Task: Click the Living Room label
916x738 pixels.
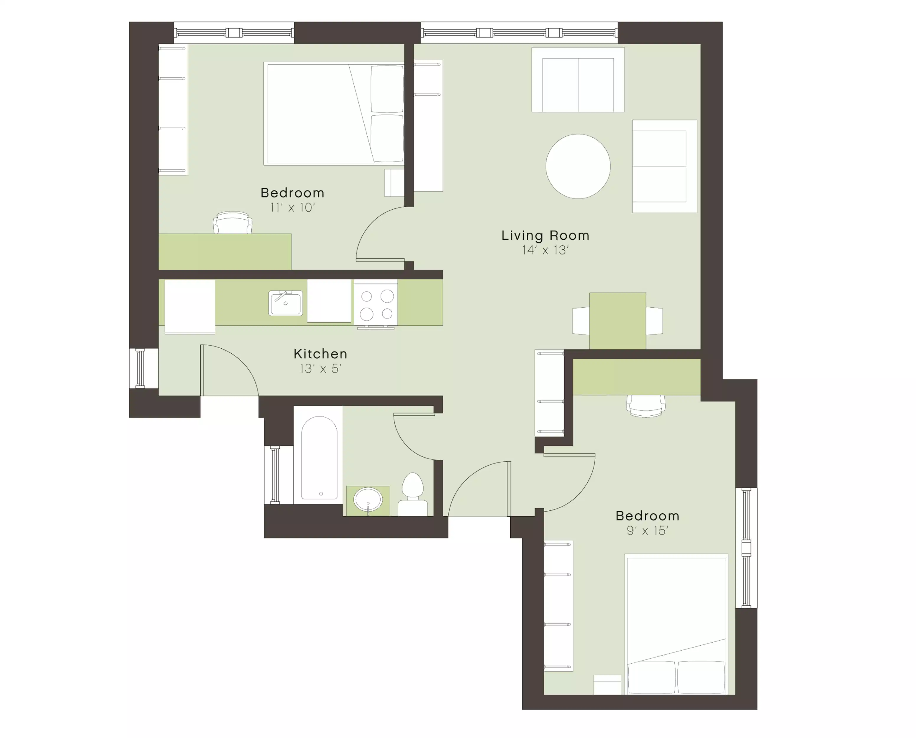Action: [x=545, y=236]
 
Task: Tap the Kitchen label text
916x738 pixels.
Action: [x=320, y=354]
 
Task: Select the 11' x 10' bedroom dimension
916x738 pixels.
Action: [x=292, y=208]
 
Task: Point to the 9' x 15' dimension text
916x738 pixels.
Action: [x=647, y=530]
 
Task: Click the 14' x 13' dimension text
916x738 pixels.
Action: [x=545, y=250]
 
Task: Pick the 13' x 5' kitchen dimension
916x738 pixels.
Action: [x=320, y=369]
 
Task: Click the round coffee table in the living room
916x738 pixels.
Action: [x=578, y=166]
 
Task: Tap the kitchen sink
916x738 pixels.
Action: [x=286, y=303]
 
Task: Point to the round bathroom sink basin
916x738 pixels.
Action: [x=368, y=499]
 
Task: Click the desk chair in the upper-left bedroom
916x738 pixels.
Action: [x=232, y=222]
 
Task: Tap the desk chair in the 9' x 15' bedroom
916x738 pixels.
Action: [x=646, y=406]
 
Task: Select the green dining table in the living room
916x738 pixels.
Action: [x=617, y=321]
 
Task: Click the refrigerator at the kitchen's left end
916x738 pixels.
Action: [x=189, y=306]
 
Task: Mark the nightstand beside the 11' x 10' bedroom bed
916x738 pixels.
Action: [x=394, y=183]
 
